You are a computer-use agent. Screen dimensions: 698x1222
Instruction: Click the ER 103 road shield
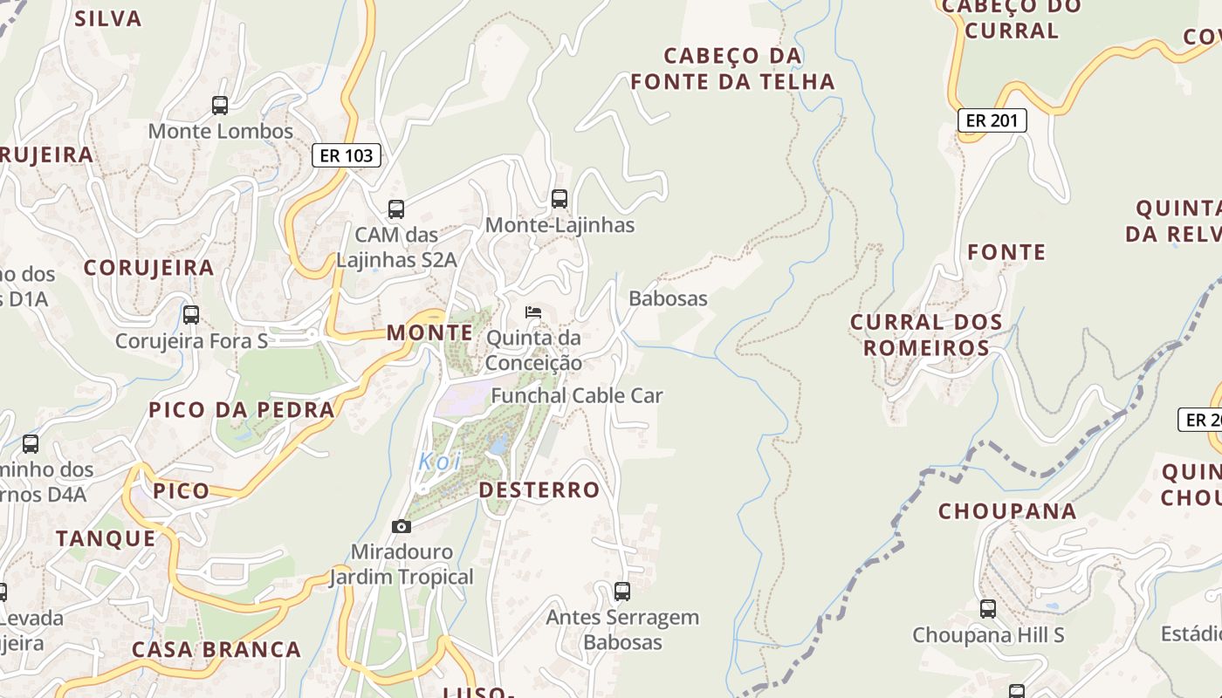347,156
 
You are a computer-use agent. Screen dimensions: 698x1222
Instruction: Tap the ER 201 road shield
992,120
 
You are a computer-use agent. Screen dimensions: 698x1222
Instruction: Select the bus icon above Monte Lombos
220,106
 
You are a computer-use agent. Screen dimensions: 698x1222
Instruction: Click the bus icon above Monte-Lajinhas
560,199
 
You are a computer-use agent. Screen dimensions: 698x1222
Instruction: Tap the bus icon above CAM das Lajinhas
396,209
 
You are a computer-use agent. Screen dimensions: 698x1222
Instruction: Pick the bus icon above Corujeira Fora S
191,315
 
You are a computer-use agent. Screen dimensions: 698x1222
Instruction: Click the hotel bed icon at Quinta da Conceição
533,312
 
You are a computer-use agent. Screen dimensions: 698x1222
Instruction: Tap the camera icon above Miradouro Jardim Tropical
402,526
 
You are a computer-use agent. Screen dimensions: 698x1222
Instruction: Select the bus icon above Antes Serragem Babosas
622,592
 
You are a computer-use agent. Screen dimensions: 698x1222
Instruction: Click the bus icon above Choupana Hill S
988,609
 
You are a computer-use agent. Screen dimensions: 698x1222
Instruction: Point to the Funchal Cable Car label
577,395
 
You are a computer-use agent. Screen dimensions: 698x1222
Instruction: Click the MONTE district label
429,332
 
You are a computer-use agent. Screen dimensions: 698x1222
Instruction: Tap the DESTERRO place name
539,490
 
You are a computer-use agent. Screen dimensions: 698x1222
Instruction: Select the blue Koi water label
440,462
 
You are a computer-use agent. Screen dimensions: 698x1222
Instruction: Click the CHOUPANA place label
1007,511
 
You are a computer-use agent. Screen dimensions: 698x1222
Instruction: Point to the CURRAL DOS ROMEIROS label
926,335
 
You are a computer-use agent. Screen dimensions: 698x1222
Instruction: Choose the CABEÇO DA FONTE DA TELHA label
732,69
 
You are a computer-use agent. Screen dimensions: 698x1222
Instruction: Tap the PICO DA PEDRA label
242,410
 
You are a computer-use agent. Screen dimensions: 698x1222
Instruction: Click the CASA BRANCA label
216,650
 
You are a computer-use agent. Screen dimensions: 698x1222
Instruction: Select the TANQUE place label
106,538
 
